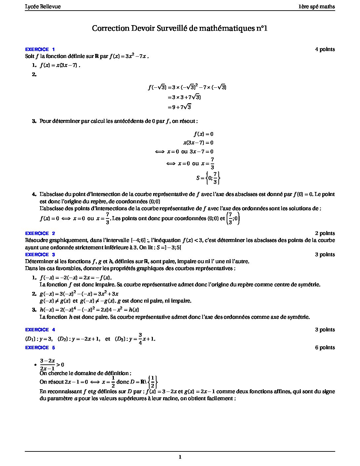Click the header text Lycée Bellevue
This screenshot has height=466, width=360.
click(x=43, y=7)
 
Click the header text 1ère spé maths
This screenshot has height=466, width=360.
click(x=317, y=7)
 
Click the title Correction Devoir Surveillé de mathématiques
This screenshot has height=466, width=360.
click(x=180, y=28)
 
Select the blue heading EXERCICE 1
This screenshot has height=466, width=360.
click(x=40, y=49)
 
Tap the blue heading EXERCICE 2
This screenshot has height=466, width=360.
click(x=40, y=233)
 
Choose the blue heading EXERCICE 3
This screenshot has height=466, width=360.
click(x=40, y=255)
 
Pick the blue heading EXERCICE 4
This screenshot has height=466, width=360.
click(x=40, y=330)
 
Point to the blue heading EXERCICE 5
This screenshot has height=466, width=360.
click(x=40, y=348)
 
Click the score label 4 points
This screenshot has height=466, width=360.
click(x=325, y=49)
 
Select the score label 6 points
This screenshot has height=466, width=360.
click(x=325, y=348)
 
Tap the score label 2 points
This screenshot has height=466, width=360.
click(x=325, y=233)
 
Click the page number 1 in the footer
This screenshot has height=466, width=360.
click(x=180, y=457)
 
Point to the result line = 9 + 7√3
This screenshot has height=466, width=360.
click(x=179, y=107)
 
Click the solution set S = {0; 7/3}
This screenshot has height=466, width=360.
click(x=208, y=178)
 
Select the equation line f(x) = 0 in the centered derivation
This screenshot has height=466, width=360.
click(x=203, y=134)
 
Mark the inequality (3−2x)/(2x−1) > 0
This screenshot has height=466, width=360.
click(x=52, y=364)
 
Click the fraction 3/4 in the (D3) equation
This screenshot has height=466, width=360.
click(x=140, y=338)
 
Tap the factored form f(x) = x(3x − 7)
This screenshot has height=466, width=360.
click(x=60, y=65)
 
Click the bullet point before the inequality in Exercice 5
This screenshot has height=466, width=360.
click(x=35, y=365)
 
